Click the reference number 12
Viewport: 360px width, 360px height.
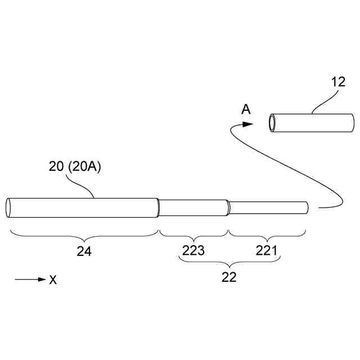(x=338, y=82)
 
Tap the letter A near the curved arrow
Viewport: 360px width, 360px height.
(x=246, y=110)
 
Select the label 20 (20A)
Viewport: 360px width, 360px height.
(x=74, y=168)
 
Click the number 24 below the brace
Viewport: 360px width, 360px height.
(x=84, y=251)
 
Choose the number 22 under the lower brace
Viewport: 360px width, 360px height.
(x=229, y=277)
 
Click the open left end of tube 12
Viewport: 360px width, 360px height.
(x=272, y=123)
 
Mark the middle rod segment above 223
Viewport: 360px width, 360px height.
(x=193, y=207)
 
